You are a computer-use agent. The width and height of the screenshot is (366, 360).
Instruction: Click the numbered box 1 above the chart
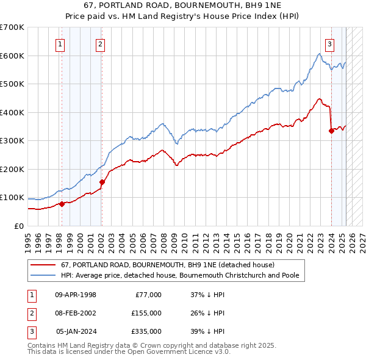(61, 43)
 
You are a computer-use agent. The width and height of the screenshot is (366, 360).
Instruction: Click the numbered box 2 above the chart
(99, 43)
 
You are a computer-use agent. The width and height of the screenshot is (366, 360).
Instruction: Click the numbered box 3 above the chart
(329, 43)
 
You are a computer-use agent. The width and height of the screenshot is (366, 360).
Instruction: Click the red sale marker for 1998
(62, 204)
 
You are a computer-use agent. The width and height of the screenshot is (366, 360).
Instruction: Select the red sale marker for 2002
(102, 182)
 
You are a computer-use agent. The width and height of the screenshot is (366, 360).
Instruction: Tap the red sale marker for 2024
(331, 130)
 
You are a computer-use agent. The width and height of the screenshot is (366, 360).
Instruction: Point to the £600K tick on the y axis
(12, 56)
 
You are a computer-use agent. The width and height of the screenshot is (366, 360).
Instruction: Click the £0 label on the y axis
(19, 226)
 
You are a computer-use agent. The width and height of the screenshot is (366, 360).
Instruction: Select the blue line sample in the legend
(43, 275)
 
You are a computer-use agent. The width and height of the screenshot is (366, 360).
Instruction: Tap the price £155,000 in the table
(146, 313)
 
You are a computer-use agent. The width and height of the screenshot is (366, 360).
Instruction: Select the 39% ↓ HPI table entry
(207, 331)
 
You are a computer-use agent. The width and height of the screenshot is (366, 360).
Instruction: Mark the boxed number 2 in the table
(30, 313)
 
